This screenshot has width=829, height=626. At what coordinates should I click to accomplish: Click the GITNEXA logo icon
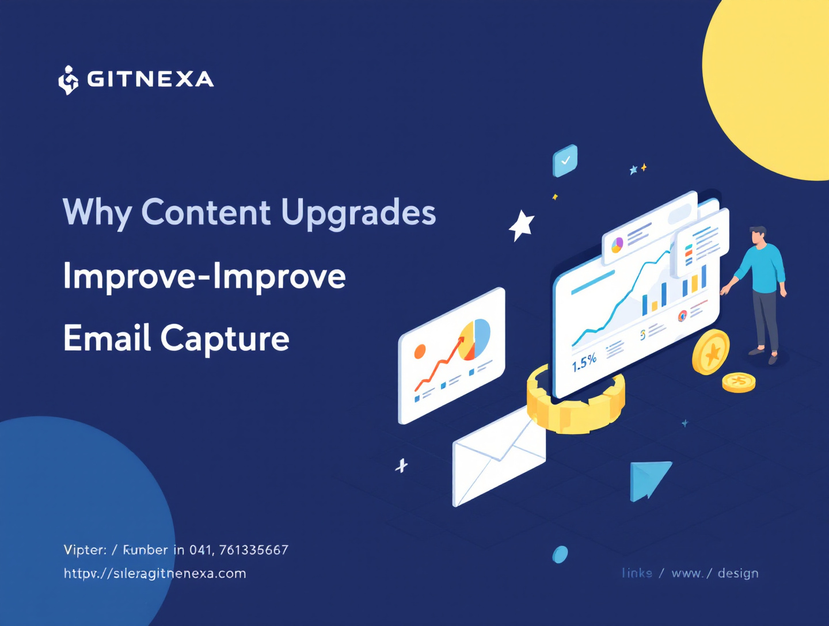click(68, 80)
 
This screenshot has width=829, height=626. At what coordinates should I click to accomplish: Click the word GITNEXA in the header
click(150, 79)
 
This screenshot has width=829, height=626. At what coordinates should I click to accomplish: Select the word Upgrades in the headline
click(358, 213)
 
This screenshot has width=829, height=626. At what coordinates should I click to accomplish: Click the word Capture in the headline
click(225, 339)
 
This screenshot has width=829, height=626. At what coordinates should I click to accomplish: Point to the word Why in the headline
click(97, 213)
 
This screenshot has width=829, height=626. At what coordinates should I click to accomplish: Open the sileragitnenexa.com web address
click(155, 574)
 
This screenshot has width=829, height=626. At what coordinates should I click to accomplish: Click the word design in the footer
click(738, 573)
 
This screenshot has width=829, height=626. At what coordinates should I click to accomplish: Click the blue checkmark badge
click(565, 161)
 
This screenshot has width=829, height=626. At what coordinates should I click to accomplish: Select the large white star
click(522, 226)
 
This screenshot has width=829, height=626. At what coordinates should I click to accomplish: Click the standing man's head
click(758, 236)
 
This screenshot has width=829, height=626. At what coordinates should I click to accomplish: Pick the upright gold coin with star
click(710, 352)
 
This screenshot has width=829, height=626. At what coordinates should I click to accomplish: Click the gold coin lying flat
click(739, 382)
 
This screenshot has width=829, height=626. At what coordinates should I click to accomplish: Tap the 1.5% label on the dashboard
click(584, 362)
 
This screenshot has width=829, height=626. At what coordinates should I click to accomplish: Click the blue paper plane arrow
click(649, 479)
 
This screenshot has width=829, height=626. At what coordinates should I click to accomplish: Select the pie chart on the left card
click(475, 339)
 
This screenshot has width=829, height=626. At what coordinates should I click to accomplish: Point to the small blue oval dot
click(560, 555)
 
